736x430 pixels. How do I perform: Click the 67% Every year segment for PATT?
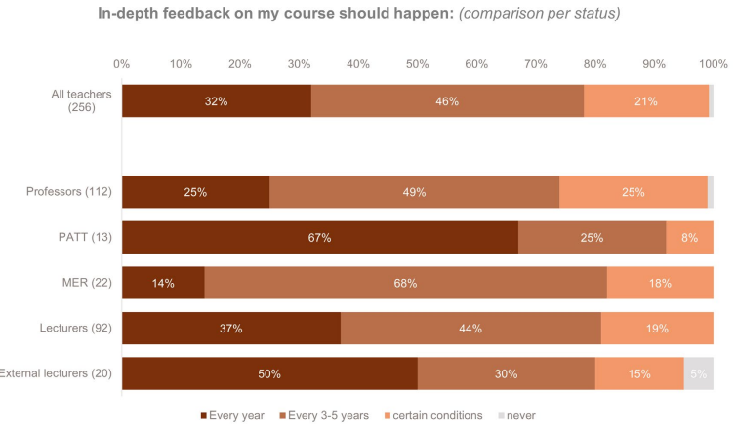pos(320,237)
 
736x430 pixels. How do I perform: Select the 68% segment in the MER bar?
pos(405,283)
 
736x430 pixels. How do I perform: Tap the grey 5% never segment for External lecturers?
pos(699,373)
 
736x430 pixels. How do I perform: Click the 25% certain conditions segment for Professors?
pos(634,192)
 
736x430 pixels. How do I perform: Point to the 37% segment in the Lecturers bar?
pos(231,329)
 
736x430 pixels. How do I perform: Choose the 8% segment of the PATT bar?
pos(689,237)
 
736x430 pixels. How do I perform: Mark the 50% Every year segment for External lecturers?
pos(269,373)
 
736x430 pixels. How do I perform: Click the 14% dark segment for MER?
pos(163,283)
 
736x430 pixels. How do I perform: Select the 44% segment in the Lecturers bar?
pos(470,329)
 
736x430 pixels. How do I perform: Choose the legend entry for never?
pos(520,415)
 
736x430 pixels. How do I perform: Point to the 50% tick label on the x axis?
pos(418,63)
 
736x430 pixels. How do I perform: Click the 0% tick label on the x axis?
pos(122,63)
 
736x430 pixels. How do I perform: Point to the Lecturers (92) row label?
pos(77,329)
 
